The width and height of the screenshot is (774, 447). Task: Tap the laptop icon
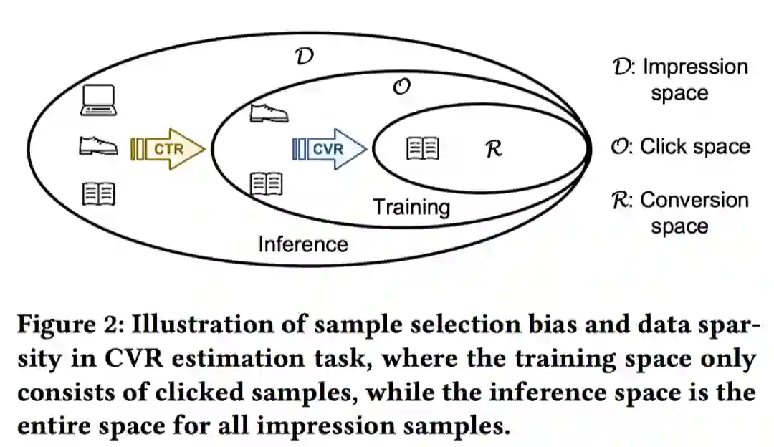point(99,100)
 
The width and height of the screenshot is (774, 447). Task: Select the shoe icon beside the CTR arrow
point(97,146)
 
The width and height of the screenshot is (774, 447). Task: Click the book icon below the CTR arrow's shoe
point(98,193)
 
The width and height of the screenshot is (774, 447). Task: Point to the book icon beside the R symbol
point(423,148)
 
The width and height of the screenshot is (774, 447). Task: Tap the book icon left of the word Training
point(266,183)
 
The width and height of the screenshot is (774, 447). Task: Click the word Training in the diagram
point(411,207)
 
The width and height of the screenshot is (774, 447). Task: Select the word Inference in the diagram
point(302,244)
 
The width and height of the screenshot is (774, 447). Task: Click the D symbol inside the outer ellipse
point(304,57)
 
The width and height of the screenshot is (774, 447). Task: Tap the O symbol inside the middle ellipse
point(402,87)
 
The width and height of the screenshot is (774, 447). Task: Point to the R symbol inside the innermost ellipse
point(493,149)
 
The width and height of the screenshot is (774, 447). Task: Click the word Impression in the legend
point(694,67)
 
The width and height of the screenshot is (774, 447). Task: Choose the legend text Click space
point(694,147)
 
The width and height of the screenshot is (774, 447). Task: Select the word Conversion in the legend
point(694,200)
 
